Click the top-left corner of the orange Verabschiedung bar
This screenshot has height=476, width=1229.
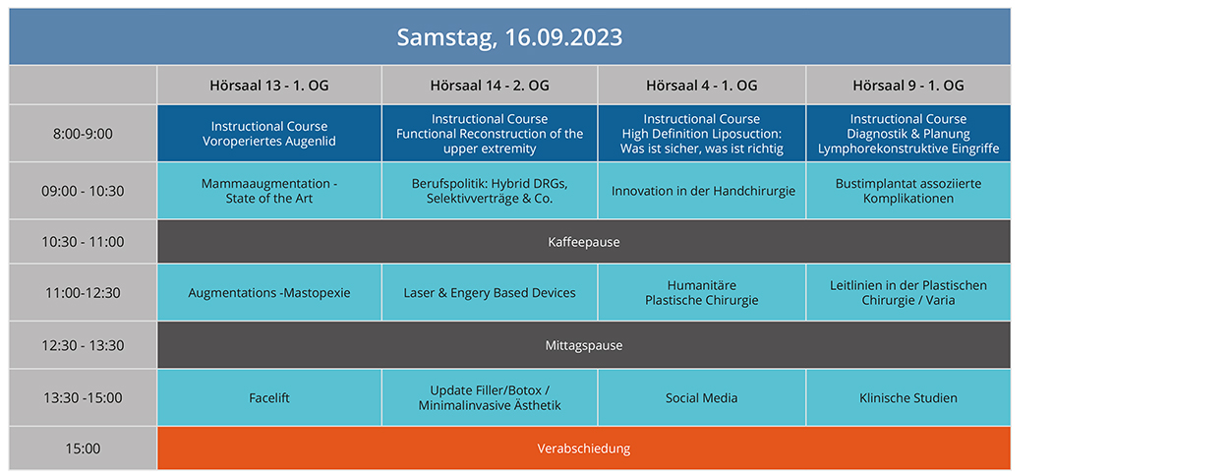pos(158,427)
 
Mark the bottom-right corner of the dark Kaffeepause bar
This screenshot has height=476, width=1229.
pos(1010,263)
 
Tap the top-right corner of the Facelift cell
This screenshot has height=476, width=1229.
pos(380,370)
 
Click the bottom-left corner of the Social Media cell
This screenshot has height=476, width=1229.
pos(599,425)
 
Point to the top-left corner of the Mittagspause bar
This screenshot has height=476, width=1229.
pos(158,323)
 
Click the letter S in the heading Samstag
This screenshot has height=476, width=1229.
pos(404,37)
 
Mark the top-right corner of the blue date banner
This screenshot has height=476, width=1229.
pos(1010,9)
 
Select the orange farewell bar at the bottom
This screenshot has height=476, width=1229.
pos(584,448)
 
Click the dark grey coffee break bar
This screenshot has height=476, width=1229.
pos(584,242)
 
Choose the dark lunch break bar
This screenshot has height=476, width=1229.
pos(584,345)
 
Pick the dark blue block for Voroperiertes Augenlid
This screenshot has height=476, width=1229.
pos(269,134)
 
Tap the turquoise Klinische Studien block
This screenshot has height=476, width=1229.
pos(908,397)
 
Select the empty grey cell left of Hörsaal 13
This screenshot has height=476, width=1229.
pos(83,86)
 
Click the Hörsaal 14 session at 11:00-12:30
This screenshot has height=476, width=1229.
pos(490,293)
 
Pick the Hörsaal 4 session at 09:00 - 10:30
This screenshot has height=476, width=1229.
pos(702,191)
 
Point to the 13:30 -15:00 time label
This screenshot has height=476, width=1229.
pos(83,397)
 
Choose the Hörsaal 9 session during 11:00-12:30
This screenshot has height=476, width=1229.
pos(908,293)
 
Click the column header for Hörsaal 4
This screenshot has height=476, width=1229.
pos(702,86)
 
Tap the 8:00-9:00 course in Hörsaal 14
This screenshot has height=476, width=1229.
pos(490,134)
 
